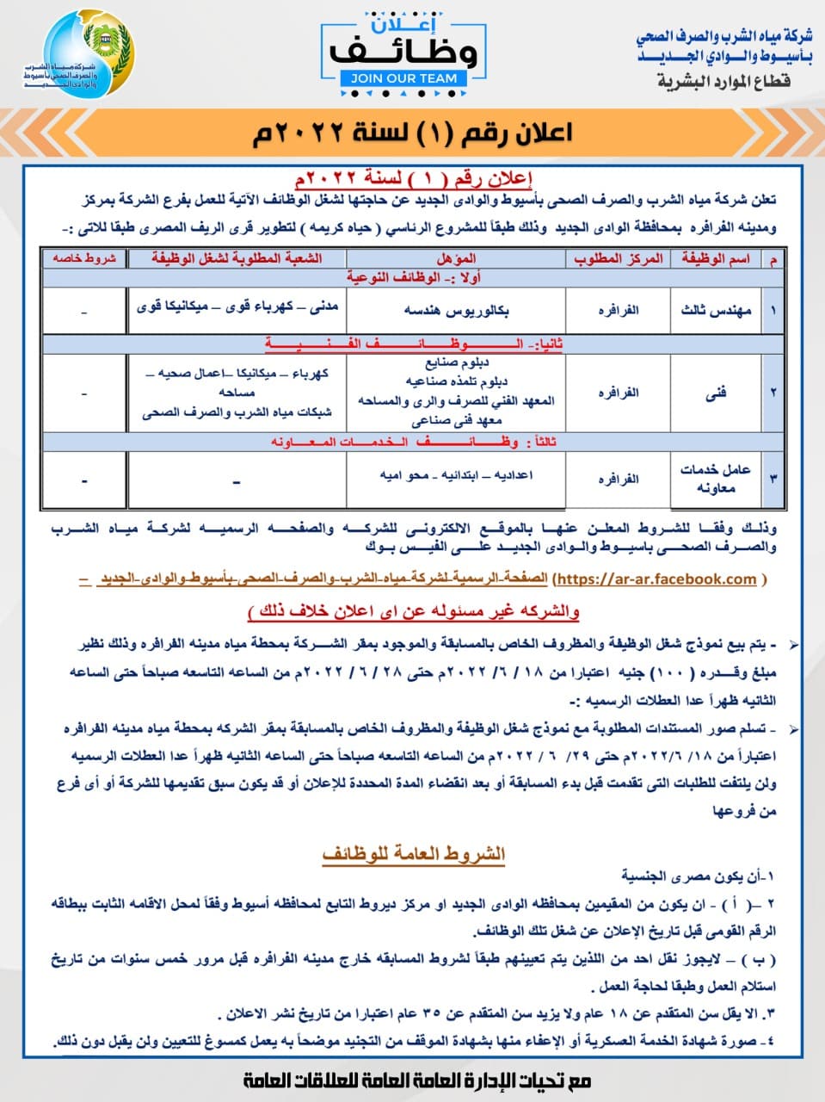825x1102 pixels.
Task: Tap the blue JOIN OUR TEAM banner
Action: pos(403,78)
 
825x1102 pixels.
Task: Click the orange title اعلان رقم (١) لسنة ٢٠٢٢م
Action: pos(412,133)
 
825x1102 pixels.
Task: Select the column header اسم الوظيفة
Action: pos(716,258)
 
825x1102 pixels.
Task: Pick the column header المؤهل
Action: pos(456,258)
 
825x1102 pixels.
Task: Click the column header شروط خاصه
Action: pos(85,258)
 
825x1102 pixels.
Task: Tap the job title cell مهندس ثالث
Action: pos(716,310)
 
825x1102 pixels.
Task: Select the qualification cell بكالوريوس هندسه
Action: pos(456,310)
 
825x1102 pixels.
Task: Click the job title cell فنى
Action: pos(716,393)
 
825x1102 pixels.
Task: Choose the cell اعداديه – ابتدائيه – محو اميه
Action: pos(456,474)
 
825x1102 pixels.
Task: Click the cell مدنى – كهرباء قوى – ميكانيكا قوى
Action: pos(237,305)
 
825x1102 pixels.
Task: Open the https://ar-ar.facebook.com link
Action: pos(656,579)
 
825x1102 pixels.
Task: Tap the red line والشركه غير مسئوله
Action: pos(413,611)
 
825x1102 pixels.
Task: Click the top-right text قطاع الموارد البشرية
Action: pos(723,82)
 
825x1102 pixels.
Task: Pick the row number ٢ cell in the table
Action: pos(773,393)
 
